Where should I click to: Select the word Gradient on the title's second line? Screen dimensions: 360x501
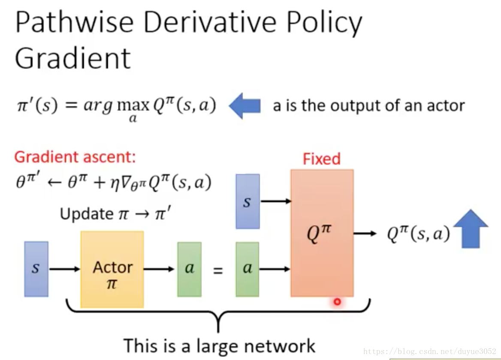pos(72,58)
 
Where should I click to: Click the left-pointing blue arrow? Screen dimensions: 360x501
pos(245,106)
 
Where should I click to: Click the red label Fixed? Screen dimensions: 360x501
pos(321,159)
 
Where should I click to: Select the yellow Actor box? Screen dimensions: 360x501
pos(112,269)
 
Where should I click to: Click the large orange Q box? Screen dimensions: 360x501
pos(322,233)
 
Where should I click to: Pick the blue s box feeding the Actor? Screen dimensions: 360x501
pos(36,269)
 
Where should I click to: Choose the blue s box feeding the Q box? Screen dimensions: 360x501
pos(247,201)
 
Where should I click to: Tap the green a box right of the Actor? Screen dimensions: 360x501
pos(189,269)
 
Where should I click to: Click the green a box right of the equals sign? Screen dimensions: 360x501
pos(247,269)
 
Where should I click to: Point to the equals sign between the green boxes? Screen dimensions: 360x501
pos(218,270)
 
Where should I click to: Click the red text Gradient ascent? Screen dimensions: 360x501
pos(75,157)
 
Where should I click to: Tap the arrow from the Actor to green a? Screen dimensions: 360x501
pos(159,269)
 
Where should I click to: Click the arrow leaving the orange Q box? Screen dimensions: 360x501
pos(365,234)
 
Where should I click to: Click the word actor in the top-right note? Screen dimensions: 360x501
pos(446,105)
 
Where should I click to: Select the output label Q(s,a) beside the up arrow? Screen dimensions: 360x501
pos(419,234)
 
